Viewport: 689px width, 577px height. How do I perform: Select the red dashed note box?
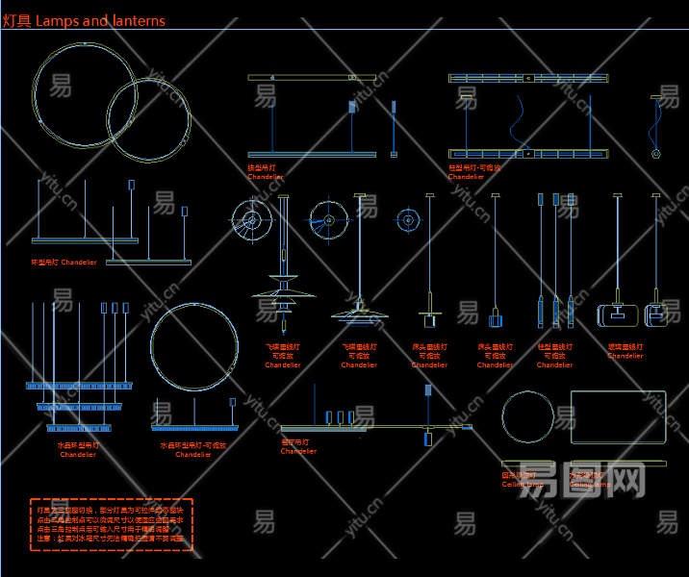point(112,524)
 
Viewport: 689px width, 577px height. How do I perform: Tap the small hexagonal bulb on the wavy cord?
point(655,153)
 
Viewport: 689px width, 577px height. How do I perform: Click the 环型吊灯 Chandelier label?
point(64,262)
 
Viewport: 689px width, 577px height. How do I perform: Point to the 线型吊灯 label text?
point(262,167)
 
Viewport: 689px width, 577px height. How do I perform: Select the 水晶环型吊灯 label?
point(78,445)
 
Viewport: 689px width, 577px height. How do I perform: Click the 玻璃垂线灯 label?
point(625,347)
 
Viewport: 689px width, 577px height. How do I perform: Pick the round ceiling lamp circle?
point(528,418)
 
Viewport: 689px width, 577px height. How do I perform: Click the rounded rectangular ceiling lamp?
point(618,416)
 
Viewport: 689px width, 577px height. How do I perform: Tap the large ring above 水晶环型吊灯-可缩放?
point(194,348)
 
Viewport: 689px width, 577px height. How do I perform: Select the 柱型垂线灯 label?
point(554,347)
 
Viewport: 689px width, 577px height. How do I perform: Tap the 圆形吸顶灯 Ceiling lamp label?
point(521,479)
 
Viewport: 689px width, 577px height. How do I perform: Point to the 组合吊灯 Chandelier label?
point(297,446)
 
